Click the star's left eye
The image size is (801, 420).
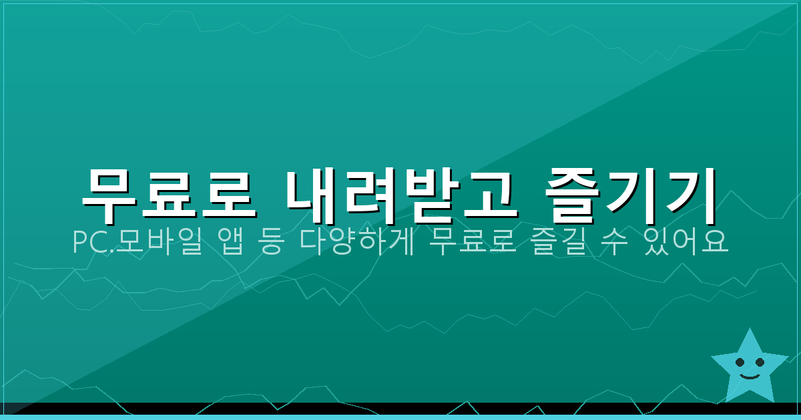coord(740,363)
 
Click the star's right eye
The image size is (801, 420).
coord(760,362)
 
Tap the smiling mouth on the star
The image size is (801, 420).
coord(750,377)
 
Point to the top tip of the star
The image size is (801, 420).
coord(750,329)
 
